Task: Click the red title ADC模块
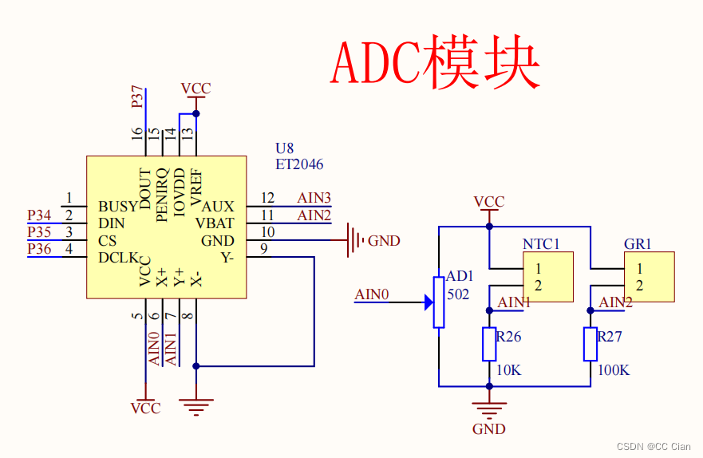[436, 61]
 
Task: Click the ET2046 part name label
[299, 164]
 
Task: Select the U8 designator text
[284, 148]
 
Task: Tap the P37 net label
[138, 98]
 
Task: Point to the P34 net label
[39, 215]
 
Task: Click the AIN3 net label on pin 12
[314, 198]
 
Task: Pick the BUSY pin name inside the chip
[117, 207]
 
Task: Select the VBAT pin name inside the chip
[215, 223]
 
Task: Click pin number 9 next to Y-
[263, 249]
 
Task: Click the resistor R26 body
[489, 344]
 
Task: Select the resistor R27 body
[590, 344]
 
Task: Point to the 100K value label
[613, 370]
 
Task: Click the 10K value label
[508, 370]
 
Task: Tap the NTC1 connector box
[547, 277]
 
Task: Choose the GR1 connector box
[649, 277]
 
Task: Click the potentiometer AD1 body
[438, 302]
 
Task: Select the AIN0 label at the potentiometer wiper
[371, 294]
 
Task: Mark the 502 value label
[458, 294]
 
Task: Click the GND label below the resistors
[488, 429]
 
